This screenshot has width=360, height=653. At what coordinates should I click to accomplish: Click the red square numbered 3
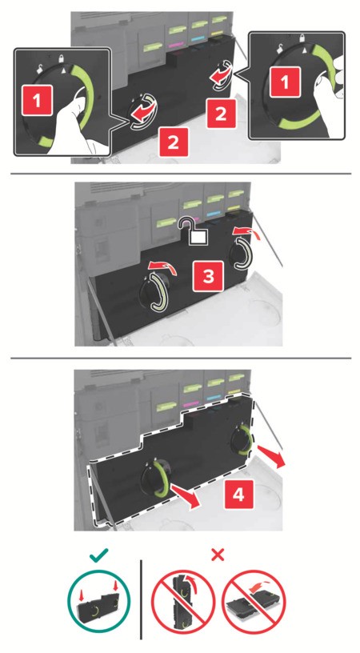209,276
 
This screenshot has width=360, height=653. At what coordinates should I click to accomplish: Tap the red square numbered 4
239,494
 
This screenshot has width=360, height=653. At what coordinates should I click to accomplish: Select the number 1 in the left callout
38,100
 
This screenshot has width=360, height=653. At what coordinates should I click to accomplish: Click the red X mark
218,555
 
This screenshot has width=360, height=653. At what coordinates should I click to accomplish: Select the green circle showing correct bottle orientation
99,599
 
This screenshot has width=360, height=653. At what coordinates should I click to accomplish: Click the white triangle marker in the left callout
64,71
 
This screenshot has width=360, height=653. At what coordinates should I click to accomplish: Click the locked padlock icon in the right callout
302,38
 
